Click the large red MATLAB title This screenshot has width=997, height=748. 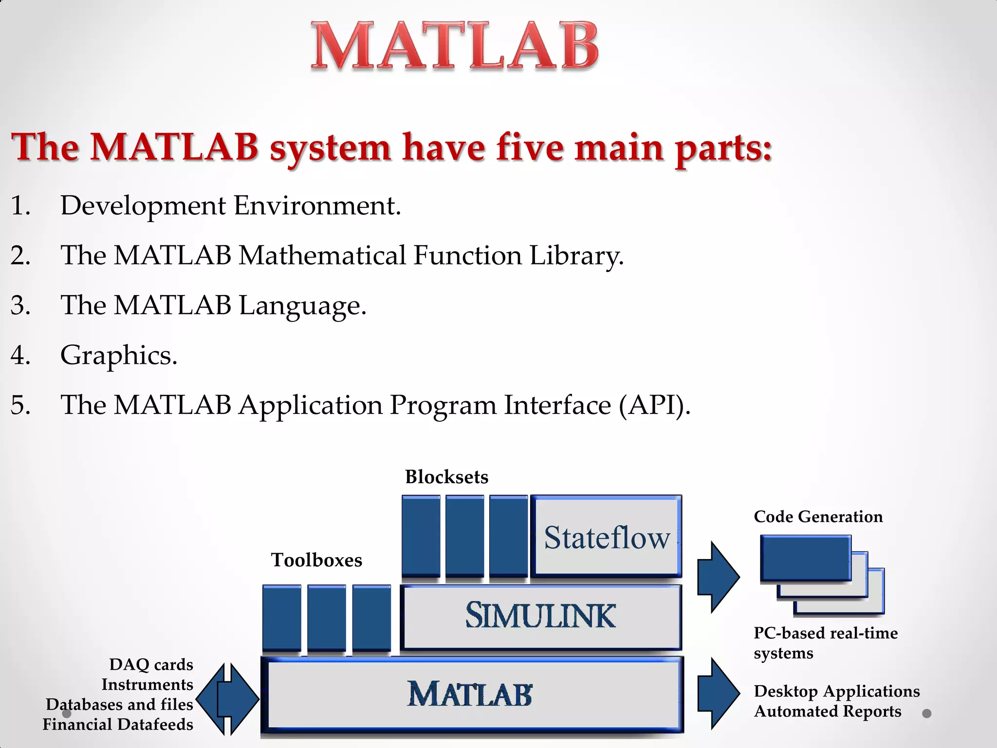[455, 46]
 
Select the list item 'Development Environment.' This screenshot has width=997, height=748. [230, 206]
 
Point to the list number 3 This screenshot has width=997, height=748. [20, 305]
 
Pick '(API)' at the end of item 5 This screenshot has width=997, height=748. [654, 405]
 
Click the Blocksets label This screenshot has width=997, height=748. [446, 477]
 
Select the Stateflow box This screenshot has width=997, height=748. [606, 537]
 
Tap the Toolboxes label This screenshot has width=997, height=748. [316, 560]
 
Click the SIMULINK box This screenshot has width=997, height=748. [540, 616]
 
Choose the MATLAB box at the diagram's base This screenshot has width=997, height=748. [471, 694]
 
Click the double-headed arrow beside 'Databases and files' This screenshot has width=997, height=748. [227, 699]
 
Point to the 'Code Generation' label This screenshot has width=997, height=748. [818, 517]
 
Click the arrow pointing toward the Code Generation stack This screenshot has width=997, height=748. [718, 577]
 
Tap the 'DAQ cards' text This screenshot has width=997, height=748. [151, 665]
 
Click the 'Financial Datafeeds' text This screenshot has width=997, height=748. [118, 725]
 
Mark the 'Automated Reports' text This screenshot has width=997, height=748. [827, 711]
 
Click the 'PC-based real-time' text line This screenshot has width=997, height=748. [826, 633]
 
